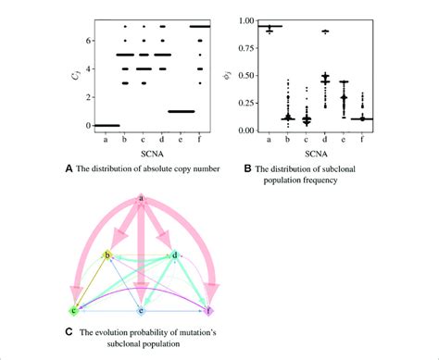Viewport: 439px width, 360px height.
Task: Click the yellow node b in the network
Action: (x=107, y=254)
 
